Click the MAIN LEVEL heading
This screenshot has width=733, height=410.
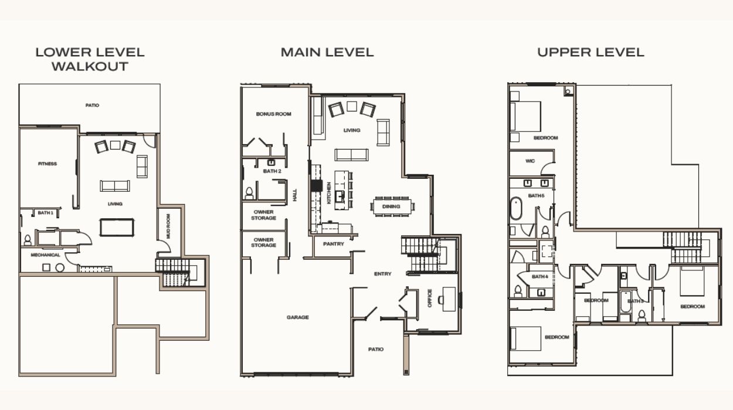tap(327, 52)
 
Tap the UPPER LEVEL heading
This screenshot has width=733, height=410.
tap(591, 52)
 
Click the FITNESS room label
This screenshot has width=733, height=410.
tap(47, 164)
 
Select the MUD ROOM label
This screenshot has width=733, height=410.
tap(168, 226)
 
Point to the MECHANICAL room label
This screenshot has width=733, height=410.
tap(46, 255)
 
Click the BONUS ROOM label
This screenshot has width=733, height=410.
tap(274, 114)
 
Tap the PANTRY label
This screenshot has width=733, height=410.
tap(334, 244)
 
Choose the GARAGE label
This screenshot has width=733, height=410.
tap(298, 317)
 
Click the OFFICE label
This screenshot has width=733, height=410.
tap(430, 298)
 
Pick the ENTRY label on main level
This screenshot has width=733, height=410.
tap(382, 273)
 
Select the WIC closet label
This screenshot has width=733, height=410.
tap(530, 161)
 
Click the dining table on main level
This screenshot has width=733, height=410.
tap(391, 206)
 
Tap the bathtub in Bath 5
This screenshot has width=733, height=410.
tap(516, 208)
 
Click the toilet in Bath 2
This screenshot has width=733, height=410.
tap(249, 193)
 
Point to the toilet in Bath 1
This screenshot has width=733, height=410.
tap(28, 240)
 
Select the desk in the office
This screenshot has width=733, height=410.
tap(449, 299)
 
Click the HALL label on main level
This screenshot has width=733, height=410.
tap(294, 195)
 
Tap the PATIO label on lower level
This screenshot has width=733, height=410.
tap(92, 106)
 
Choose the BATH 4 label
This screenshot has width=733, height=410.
tap(539, 276)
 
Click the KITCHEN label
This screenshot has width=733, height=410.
tap(329, 193)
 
